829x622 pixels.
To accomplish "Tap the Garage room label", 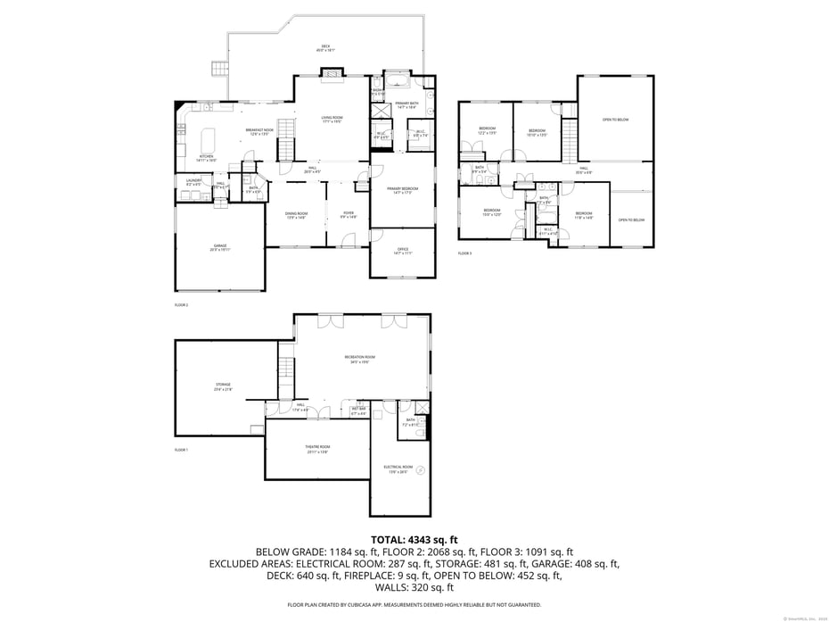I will point(219,247).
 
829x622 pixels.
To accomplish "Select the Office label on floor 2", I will point(403,251).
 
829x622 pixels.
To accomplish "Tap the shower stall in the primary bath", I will point(381,83).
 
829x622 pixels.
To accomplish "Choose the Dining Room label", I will point(297,215).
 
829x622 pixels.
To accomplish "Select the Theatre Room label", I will point(317,448).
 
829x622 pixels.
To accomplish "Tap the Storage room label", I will point(222,386).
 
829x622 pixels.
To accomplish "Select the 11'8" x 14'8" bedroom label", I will point(583,215).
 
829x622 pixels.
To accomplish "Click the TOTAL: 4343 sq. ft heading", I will point(414,540).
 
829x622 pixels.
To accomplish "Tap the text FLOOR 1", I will point(181,450).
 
